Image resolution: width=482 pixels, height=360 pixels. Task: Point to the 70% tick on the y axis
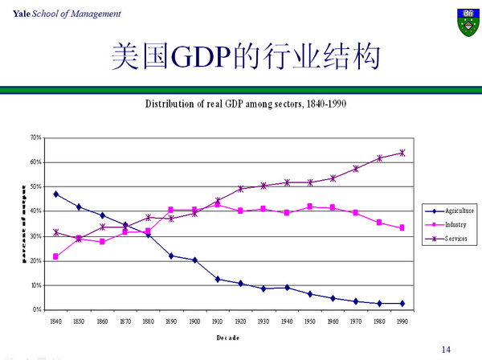point(36,137)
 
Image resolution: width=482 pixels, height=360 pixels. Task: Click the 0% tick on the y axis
point(38,309)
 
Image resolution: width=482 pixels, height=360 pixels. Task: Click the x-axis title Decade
point(227,337)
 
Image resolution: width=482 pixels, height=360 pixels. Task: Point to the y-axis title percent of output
point(23,223)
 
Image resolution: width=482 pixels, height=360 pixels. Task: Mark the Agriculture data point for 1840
point(55,194)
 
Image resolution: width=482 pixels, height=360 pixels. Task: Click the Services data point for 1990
point(402,153)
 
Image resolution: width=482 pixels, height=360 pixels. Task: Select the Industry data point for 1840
point(55,256)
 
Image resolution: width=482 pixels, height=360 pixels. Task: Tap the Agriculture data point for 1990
point(402,303)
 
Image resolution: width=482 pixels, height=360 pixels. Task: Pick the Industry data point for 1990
point(402,227)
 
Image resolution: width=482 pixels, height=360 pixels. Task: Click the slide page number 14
point(447,350)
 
